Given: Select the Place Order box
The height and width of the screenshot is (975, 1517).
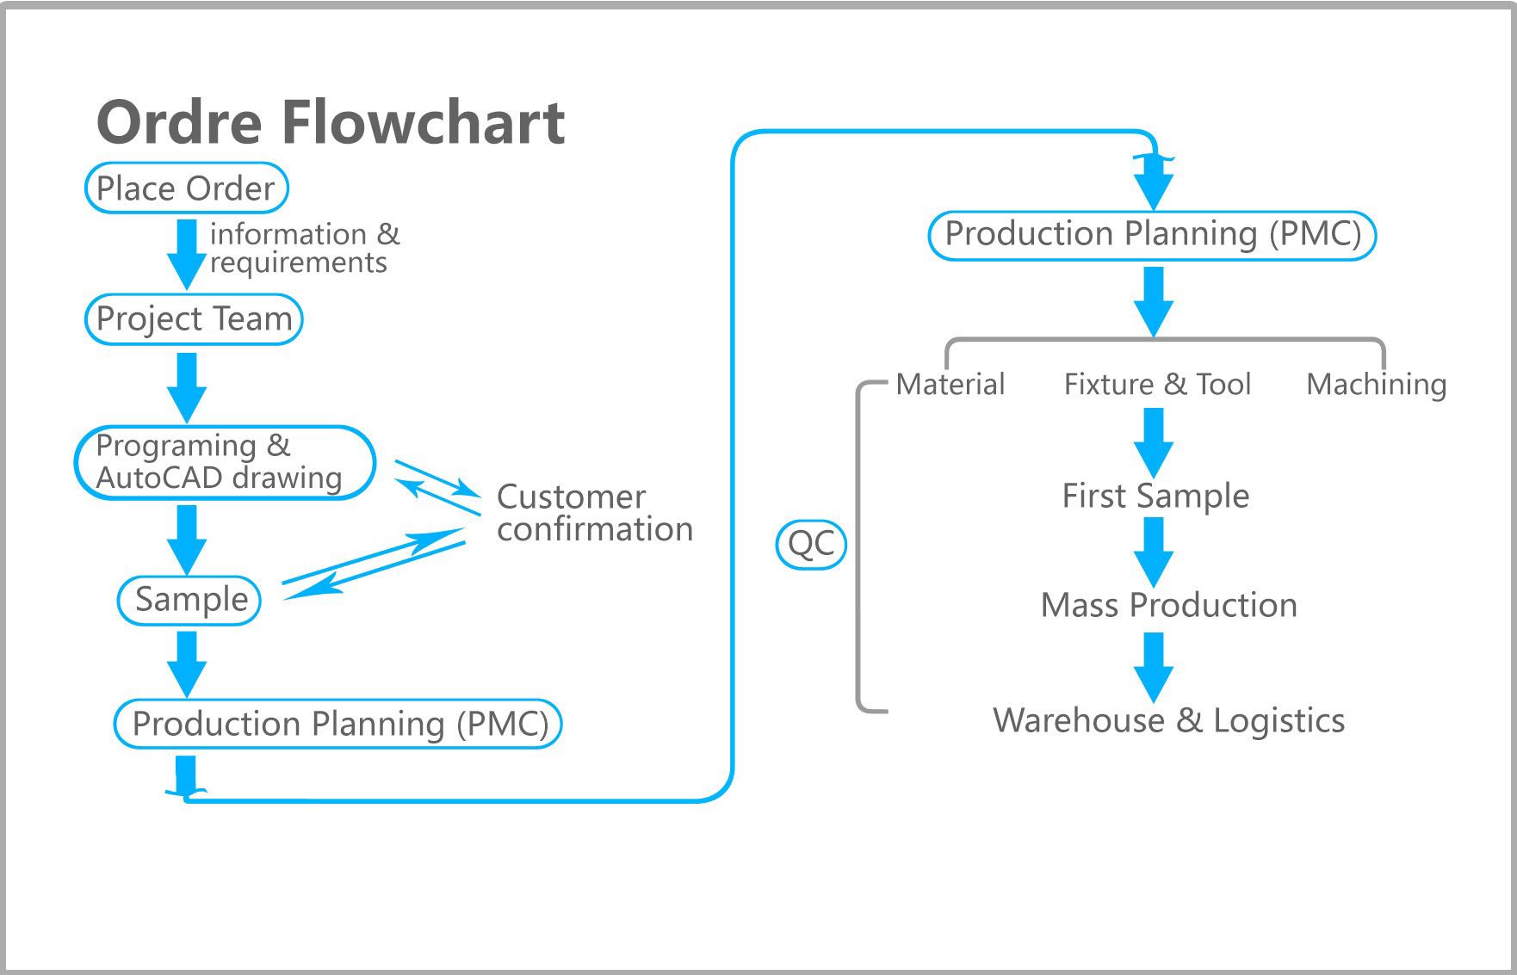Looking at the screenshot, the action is pos(186,188).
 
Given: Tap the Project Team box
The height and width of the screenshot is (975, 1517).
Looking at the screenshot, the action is pos(194,319).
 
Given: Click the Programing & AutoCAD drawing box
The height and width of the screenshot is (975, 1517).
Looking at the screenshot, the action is pos(226,462).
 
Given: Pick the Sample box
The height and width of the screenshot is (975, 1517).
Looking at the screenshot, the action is pos(189,600).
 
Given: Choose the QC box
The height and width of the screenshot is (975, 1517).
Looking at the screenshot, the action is pos(811,543).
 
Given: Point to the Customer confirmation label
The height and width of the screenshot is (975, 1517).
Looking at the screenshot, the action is pos(594,513).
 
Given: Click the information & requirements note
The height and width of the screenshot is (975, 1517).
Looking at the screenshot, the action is pos(305,248).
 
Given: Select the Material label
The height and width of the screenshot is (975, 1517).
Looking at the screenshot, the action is pos(950,384).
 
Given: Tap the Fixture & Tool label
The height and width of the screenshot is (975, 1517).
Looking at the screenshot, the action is pos(1157,384).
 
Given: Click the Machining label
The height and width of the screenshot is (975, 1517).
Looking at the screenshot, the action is pos(1376,385).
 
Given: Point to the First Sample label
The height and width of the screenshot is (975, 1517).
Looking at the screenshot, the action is pos(1155,497).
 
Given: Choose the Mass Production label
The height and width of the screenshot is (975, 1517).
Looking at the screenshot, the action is pos(1168,605).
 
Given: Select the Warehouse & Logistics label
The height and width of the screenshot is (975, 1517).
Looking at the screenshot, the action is pos(1168,720).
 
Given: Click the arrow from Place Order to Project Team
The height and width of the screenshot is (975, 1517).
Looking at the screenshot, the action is pos(186,255).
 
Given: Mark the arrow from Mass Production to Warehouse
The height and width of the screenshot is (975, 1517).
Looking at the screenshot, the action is pos(1154,668).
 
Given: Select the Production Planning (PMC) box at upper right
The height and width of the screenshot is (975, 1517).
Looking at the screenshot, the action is pos(1152,235).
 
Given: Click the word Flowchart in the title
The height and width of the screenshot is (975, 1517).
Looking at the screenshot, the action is pos(423,121).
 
